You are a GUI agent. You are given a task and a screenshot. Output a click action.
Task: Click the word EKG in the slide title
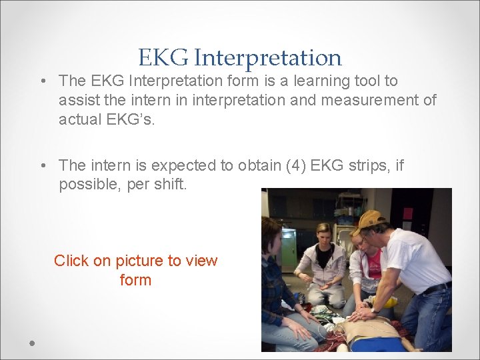[163, 58]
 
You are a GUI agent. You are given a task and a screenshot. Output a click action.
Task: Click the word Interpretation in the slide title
[267, 59]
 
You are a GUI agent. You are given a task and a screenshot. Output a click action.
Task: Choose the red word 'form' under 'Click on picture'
[135, 280]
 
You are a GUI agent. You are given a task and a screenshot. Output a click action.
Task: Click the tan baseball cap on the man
[370, 220]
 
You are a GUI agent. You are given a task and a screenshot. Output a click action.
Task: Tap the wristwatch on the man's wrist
[375, 310]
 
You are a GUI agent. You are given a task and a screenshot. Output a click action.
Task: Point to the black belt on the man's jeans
[437, 288]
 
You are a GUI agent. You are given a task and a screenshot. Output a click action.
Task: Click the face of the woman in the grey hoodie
[325, 237]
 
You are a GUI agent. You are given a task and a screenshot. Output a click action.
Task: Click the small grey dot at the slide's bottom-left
[32, 343]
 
